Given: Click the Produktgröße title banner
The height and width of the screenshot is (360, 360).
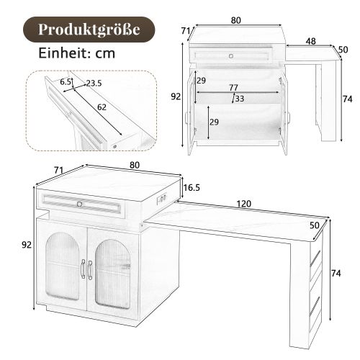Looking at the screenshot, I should [89, 30].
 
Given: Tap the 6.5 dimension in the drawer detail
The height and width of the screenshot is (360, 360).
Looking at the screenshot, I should [66, 82].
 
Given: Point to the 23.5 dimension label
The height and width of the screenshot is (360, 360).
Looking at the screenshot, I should [92, 84].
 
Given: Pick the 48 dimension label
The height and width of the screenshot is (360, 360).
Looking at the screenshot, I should [310, 42].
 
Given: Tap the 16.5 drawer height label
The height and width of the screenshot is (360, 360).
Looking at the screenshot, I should [192, 188].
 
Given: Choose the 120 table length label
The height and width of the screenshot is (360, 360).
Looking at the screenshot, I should [244, 204].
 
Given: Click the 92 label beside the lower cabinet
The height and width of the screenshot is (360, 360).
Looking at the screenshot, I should [27, 245].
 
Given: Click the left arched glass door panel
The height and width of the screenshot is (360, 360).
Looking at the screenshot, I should [65, 270].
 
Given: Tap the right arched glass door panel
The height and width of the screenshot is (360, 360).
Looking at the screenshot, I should [114, 271].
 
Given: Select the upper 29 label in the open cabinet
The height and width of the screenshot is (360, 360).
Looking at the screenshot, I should [202, 79].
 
